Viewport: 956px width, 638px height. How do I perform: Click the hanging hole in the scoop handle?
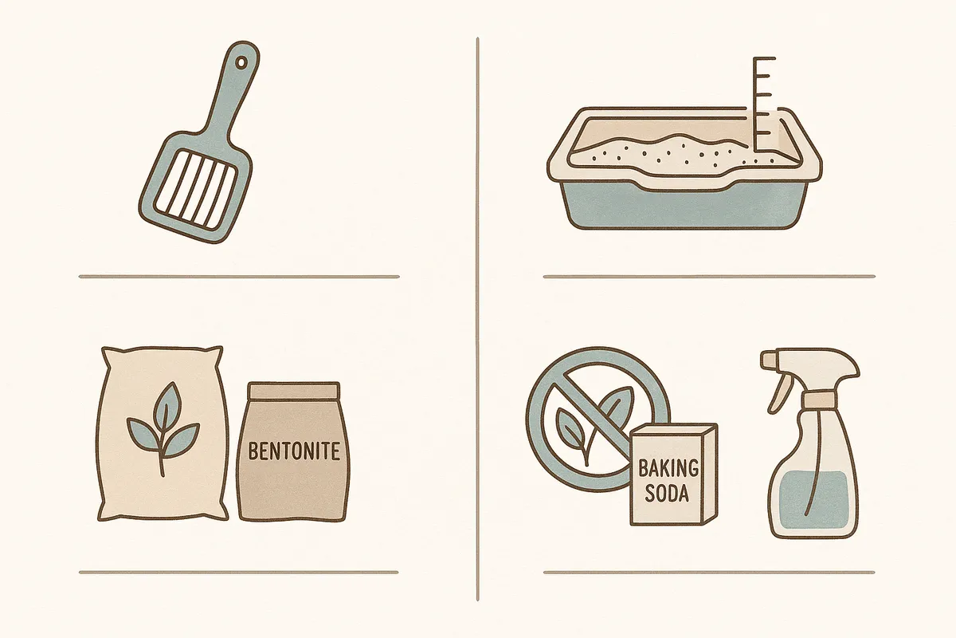pyautogui.click(x=242, y=63)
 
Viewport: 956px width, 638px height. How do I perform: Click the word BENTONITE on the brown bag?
pyautogui.click(x=294, y=451)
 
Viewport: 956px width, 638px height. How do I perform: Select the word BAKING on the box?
pyautogui.click(x=668, y=468)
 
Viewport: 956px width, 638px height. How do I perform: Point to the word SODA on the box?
pyautogui.click(x=667, y=493)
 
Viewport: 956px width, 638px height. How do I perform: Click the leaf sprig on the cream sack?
pyautogui.click(x=163, y=428)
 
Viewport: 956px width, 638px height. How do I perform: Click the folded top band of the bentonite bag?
pyautogui.click(x=295, y=391)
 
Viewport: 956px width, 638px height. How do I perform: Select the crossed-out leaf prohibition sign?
pyautogui.click(x=598, y=419)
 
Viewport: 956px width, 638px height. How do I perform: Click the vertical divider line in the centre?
pyautogui.click(x=477, y=319)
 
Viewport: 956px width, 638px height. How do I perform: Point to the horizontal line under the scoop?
pyautogui.click(x=239, y=277)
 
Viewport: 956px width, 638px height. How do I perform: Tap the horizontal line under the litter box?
pyautogui.click(x=709, y=277)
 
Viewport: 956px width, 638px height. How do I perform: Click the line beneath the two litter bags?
pyautogui.click(x=238, y=572)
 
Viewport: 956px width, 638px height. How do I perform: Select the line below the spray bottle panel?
pyautogui.click(x=709, y=572)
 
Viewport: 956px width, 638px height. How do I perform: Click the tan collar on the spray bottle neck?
pyautogui.click(x=819, y=400)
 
